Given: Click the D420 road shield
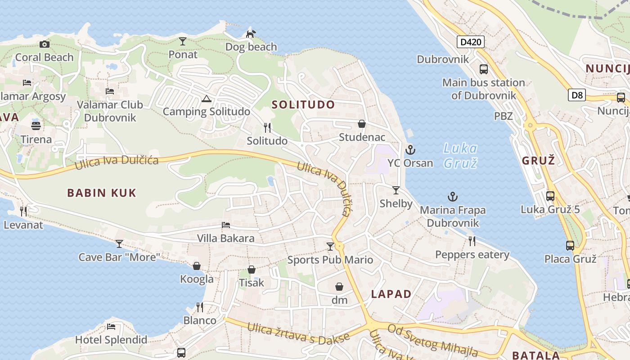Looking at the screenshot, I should coord(471,42).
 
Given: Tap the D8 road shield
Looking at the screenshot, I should coord(576,95).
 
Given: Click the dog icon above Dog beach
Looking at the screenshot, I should coord(251,33).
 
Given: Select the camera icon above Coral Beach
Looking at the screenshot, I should coord(44,44).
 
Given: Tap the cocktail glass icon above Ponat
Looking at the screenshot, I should coord(182,41).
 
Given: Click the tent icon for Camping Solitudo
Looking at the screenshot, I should coord(207,99).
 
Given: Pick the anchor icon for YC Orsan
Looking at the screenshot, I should coord(410,150).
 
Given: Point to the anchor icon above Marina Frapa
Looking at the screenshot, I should coord(453,197).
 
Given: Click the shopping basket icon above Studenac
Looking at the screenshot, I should coord(362,124).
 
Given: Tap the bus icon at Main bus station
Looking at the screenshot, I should coord(484,69).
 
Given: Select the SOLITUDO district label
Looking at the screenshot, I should coord(303,105).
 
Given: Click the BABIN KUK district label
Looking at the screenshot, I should coord(102,193).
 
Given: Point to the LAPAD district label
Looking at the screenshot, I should coord(391,294).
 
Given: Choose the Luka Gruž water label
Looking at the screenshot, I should coord(460,155).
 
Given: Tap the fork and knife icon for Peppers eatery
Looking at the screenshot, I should coord(472,241).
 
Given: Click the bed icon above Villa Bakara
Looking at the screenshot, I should coord(226,225).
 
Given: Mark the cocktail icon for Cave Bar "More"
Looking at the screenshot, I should coord(119,244).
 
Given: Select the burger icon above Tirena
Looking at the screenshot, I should coord(36,125).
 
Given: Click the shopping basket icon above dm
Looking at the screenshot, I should coord(339,287).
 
